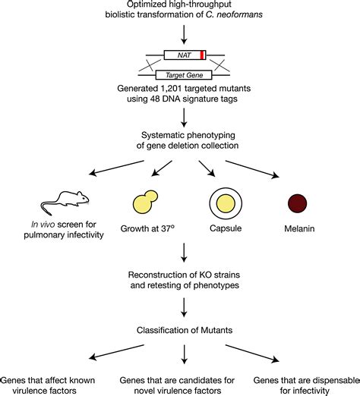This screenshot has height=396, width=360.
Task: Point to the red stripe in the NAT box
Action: coord(201,55)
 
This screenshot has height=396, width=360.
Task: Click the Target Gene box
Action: coord(182,75)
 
